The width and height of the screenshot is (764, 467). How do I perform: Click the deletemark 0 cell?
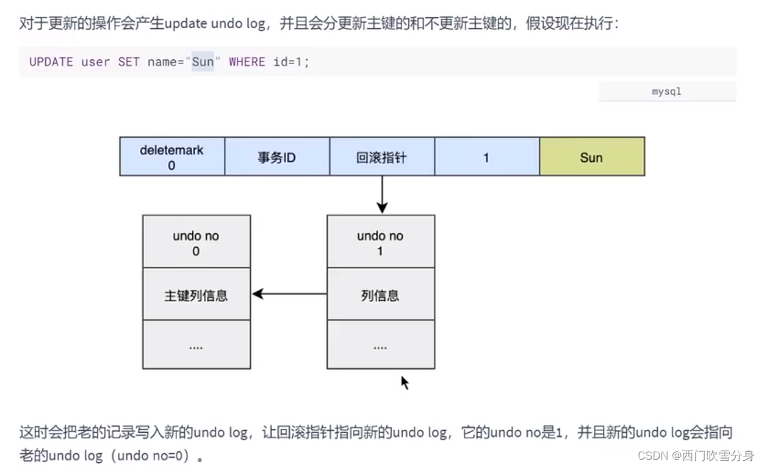click(x=171, y=157)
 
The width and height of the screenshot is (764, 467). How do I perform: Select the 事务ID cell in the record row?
click(x=276, y=157)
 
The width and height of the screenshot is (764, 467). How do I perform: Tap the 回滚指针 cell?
click(x=381, y=157)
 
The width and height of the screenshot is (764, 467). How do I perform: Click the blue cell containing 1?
click(x=486, y=157)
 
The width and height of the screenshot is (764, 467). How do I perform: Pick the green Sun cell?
click(x=591, y=157)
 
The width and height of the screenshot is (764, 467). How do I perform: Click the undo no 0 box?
click(x=196, y=242)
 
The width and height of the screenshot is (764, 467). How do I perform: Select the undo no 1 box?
click(x=380, y=242)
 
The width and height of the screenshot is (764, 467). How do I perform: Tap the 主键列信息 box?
click(x=196, y=295)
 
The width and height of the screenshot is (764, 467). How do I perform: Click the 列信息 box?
click(x=380, y=295)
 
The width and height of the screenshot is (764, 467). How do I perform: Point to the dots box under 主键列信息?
click(x=196, y=345)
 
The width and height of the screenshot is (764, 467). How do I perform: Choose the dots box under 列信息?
click(x=380, y=345)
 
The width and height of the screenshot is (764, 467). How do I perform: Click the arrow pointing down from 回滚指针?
click(x=382, y=195)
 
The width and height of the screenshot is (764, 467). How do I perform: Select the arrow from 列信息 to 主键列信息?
click(x=290, y=294)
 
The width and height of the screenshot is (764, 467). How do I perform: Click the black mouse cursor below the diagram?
click(x=405, y=383)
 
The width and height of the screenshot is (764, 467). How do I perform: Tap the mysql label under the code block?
click(x=666, y=92)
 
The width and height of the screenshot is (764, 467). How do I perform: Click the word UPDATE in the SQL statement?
click(x=51, y=62)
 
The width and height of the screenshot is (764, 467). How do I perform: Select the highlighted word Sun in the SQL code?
click(x=203, y=62)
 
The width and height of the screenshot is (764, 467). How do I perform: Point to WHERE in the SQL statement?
click(x=247, y=62)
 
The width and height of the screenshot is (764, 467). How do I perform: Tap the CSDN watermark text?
click(x=696, y=455)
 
